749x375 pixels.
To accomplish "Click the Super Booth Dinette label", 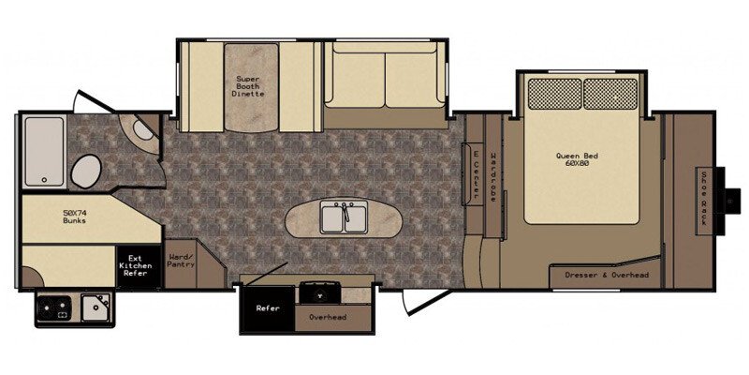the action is pos(248,86).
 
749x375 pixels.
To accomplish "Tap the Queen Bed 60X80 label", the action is pos(577,159).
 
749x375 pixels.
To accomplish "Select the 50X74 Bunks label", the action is pos(75,217).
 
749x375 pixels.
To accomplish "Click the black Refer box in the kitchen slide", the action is pos(268,308).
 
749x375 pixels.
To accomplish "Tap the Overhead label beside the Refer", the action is pos(328,317).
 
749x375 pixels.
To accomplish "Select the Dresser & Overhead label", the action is pos(607,275).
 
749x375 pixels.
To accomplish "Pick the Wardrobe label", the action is pos(493,176).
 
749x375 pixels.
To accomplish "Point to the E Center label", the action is pos(476,173).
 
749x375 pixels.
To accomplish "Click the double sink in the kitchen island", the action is pos(344,217).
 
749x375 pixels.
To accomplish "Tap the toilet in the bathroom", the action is pos(86,171).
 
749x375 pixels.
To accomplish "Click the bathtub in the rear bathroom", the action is pos(44,151).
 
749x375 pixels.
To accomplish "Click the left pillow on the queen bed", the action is pos(554,94).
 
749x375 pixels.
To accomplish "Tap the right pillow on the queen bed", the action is pos(610,94).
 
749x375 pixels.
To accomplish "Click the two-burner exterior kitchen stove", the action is pos(55,308).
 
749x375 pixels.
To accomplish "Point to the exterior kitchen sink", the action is pos(95,307).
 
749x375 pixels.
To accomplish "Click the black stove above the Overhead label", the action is pos(319,292).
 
